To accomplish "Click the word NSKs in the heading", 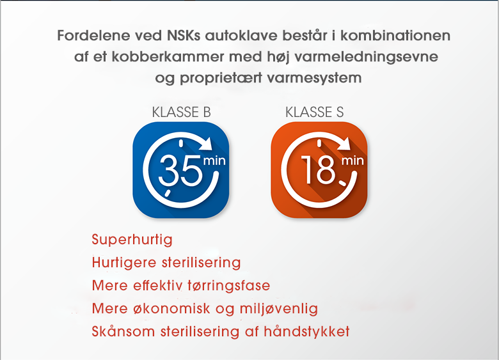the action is [184, 35].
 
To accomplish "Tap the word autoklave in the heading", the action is [241, 35].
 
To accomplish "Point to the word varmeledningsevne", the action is [367, 57].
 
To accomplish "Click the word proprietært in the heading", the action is [221, 78].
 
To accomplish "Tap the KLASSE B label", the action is [181, 113].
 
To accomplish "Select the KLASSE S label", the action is [314, 113].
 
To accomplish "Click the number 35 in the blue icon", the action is [180, 170].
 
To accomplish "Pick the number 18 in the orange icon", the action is [318, 169].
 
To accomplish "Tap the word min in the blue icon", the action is [214, 160].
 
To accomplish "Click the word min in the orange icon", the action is [352, 160].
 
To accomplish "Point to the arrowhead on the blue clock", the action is [207, 143].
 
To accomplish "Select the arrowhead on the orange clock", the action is [345, 143].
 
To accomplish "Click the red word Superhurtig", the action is [132, 240].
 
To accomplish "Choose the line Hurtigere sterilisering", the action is [166, 263].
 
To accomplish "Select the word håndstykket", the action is [307, 331].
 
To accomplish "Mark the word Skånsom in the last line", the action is [123, 331].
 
